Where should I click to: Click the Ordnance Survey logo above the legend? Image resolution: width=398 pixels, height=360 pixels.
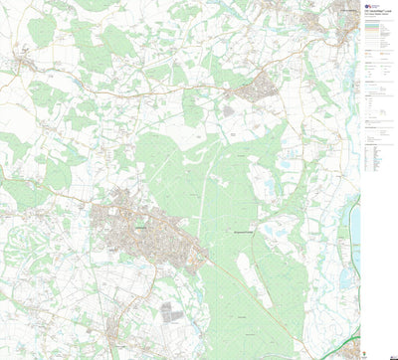tap(367, 5)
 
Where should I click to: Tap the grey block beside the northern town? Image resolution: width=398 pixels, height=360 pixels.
tap(228, 111)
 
